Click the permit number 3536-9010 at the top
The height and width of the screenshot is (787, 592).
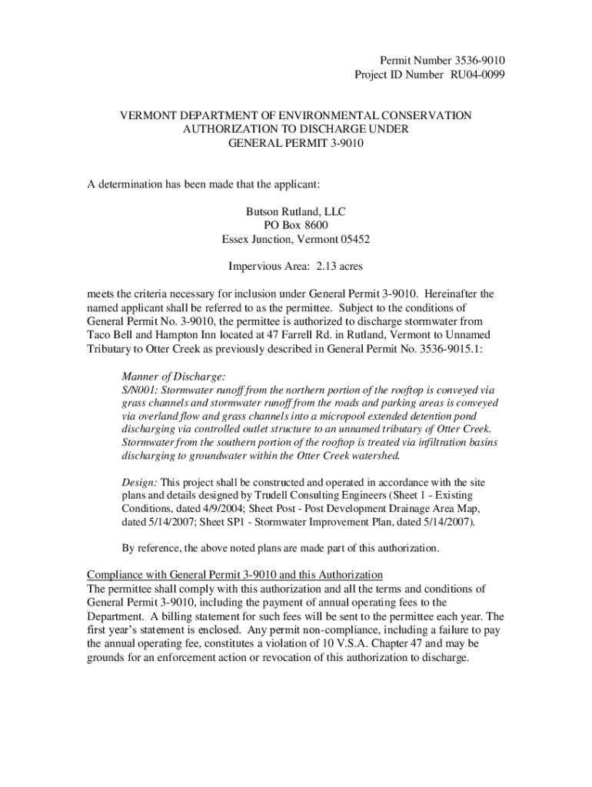pos(478,61)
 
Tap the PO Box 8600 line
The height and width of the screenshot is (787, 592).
pos(296,225)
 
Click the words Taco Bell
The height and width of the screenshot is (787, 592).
pos(110,335)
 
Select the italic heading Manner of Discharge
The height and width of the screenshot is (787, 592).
pos(174,377)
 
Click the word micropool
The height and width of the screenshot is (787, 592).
pos(339,416)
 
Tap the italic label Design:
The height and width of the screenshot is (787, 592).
pos(140,481)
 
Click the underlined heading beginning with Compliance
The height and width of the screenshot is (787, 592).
pos(234,575)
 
